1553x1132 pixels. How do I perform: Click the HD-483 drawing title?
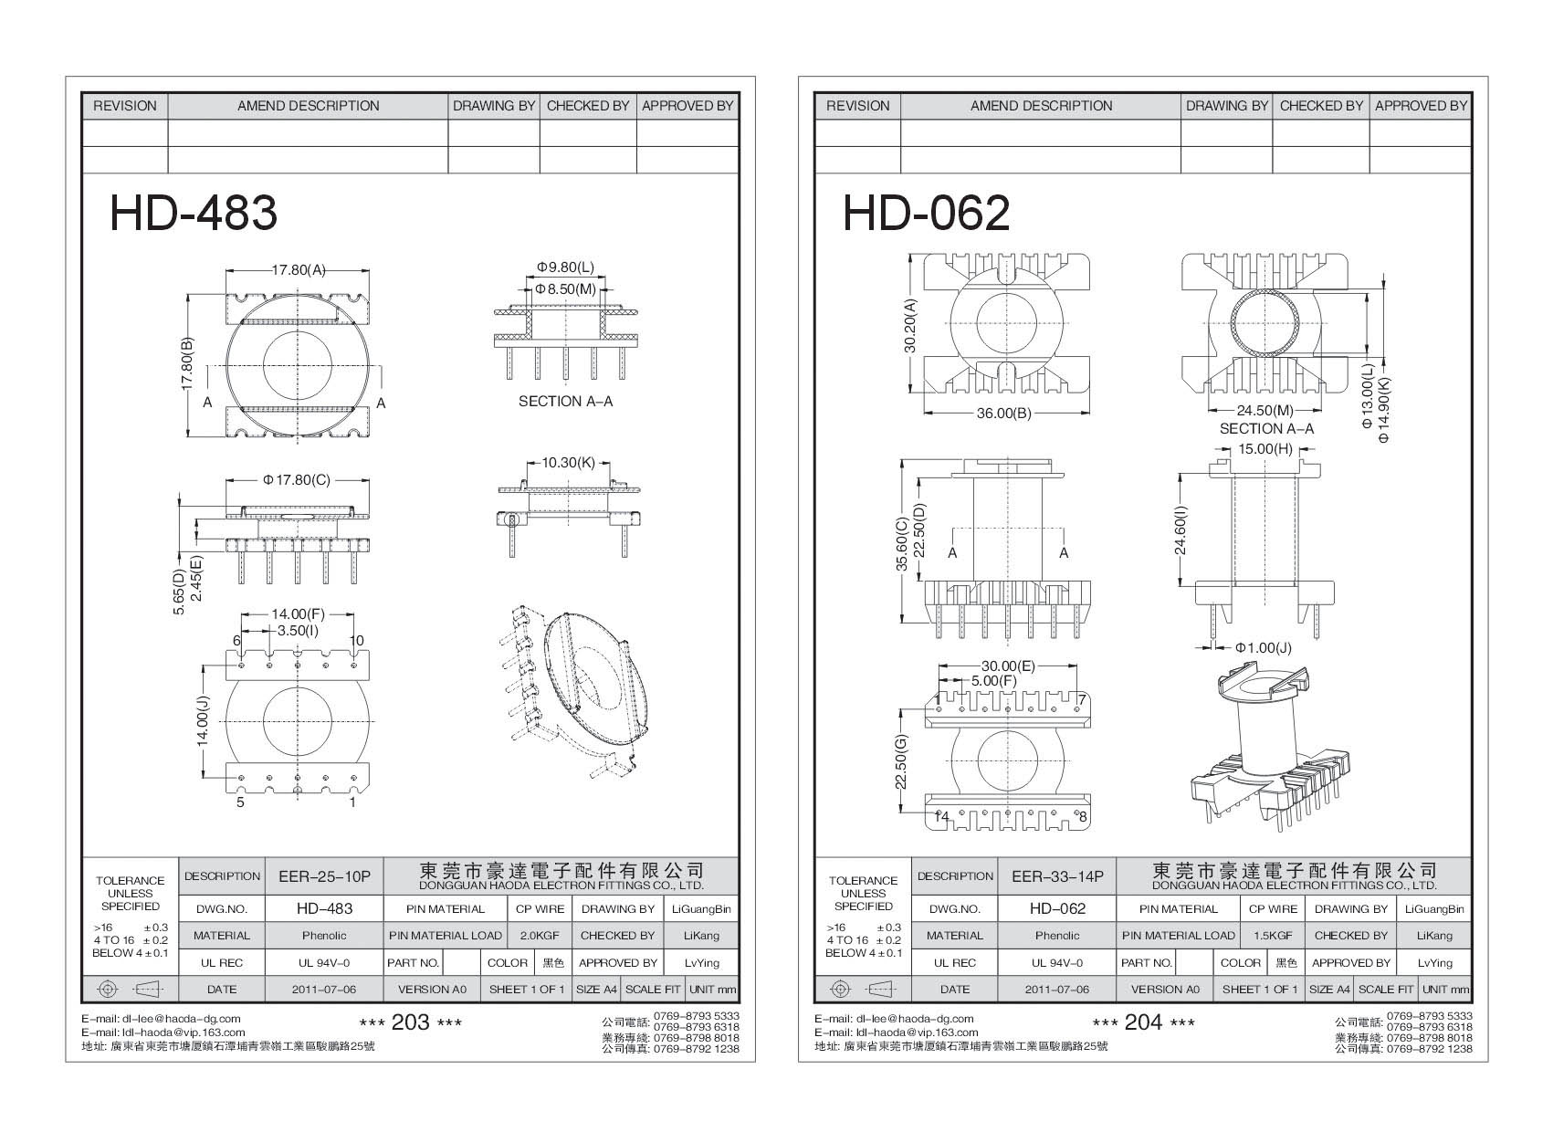pos(193,214)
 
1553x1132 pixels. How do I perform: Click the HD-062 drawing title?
pos(926,214)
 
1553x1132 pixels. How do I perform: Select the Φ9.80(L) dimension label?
pos(565,267)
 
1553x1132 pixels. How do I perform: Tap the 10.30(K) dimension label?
pos(568,463)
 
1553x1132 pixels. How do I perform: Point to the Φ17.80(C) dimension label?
pos(296,479)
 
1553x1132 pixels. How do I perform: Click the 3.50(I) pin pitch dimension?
pos(298,631)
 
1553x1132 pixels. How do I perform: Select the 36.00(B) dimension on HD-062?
pos(1003,414)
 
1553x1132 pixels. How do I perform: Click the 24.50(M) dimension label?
pos(1265,412)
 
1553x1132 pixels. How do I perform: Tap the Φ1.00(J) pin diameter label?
pos(1264,647)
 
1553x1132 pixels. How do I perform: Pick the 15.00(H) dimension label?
pos(1264,449)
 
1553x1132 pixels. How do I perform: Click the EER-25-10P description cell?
pos(324,876)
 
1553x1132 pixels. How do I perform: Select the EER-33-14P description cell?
pos(1057,876)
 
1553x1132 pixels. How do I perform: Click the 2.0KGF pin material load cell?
pos(538,936)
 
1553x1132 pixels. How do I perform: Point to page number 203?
pos(410,1022)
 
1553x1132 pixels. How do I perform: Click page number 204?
pos(1143,1022)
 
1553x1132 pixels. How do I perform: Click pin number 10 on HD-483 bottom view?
pos(357,641)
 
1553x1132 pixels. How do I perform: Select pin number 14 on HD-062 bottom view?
pos(941,816)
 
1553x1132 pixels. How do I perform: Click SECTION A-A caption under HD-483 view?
pos(565,402)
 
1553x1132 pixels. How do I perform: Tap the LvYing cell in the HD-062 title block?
pos(1434,962)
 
